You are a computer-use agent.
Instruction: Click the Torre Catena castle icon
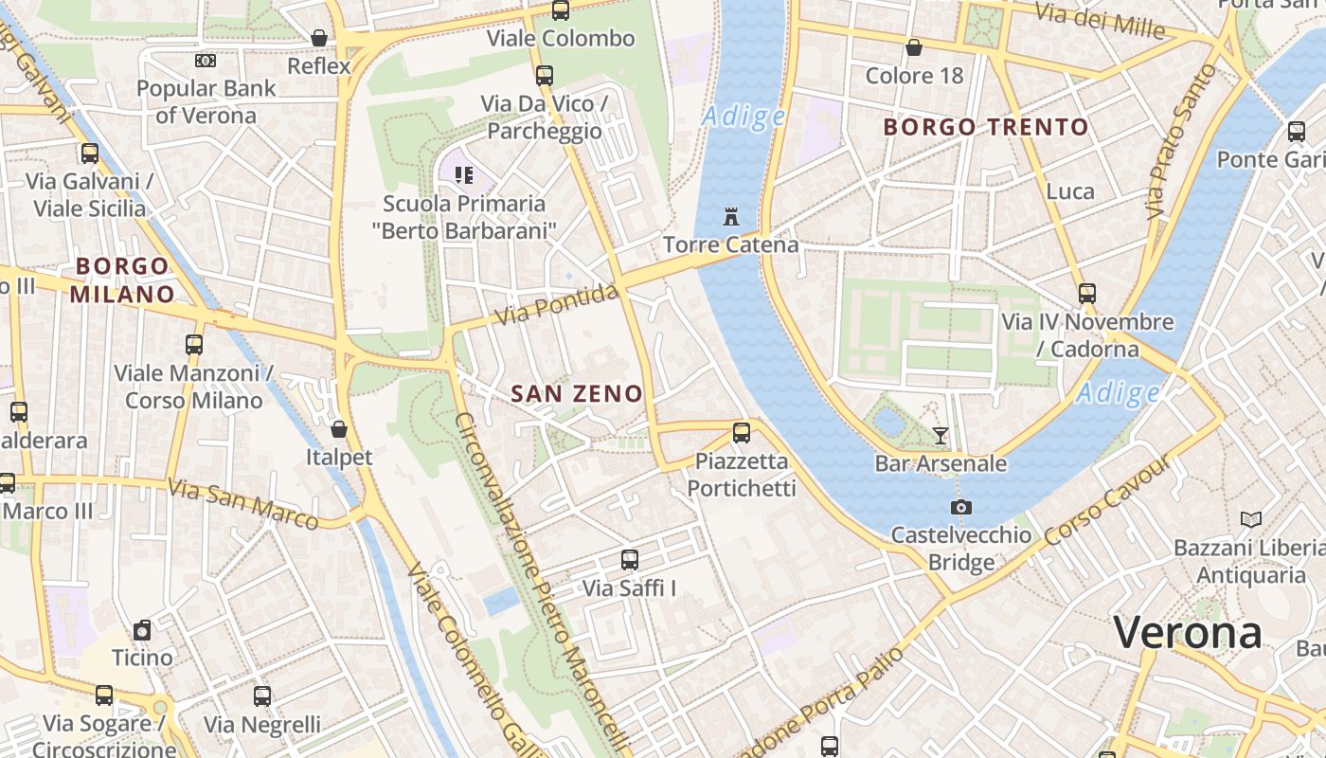[730, 217]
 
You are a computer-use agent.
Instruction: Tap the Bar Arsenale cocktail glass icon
[940, 436]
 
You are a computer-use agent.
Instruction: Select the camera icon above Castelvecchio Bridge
[960, 508]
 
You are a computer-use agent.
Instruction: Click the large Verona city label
[1188, 632]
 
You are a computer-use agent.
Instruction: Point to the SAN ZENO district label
[577, 393]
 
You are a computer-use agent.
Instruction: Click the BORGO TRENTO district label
[986, 127]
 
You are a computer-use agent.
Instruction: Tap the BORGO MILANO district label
[122, 280]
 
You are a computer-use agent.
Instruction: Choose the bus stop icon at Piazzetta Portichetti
[742, 433]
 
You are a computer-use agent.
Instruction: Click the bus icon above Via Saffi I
[630, 560]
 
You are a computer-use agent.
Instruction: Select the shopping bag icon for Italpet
[339, 429]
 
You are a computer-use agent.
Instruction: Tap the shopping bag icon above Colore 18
[914, 47]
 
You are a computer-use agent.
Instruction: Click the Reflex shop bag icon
[319, 38]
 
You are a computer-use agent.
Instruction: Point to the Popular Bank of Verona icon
[206, 61]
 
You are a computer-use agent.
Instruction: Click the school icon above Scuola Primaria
[464, 174]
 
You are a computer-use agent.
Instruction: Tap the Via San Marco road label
[242, 503]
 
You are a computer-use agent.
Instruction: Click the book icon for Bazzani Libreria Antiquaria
[1250, 519]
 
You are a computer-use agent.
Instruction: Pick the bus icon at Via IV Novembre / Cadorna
[1086, 294]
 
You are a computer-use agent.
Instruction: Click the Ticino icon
[142, 630]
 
